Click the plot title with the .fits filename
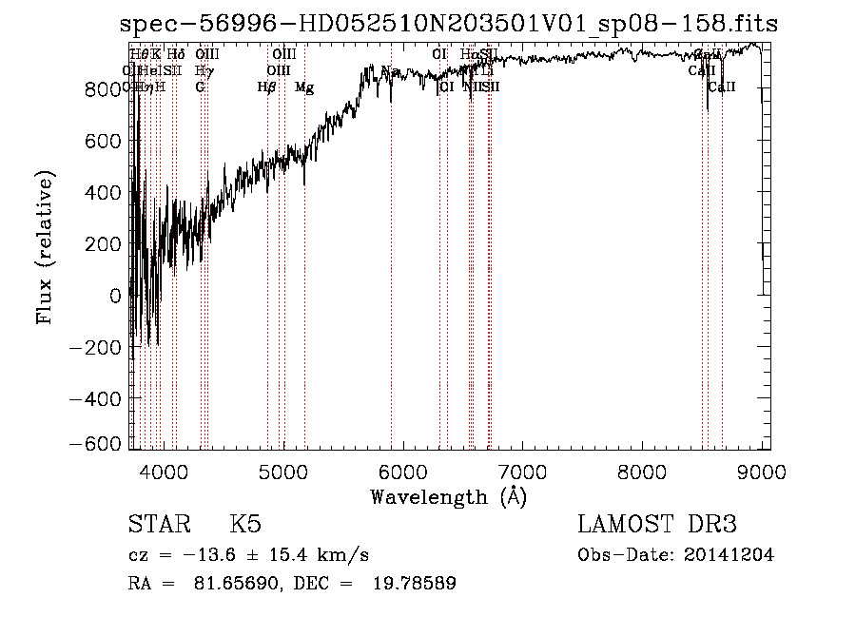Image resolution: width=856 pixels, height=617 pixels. coord(449,24)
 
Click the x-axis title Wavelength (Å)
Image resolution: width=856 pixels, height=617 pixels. coord(448,496)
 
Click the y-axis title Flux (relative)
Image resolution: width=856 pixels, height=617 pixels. coord(46,246)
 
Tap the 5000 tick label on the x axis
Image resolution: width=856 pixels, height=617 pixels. coord(283,471)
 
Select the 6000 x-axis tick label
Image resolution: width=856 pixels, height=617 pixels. coord(403,471)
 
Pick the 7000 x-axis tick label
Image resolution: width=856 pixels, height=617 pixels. coord(522,471)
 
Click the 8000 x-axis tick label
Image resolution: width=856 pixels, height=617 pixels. coord(642,471)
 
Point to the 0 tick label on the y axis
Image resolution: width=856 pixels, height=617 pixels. coord(114,296)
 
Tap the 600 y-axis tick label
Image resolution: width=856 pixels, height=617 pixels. coord(103,141)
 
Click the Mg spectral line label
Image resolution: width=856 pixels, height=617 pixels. coord(304,87)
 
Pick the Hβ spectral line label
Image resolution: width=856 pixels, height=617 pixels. coord(267,87)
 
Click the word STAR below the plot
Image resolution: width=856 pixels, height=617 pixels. coord(158,526)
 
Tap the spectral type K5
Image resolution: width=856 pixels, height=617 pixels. coord(245,526)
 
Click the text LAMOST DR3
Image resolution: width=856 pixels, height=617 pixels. coord(657,525)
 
